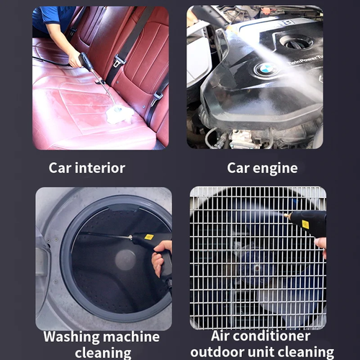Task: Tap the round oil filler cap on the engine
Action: (x=297, y=42)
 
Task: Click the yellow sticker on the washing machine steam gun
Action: (x=148, y=236)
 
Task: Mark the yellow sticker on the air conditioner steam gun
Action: (x=305, y=224)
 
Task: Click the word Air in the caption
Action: (x=222, y=336)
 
